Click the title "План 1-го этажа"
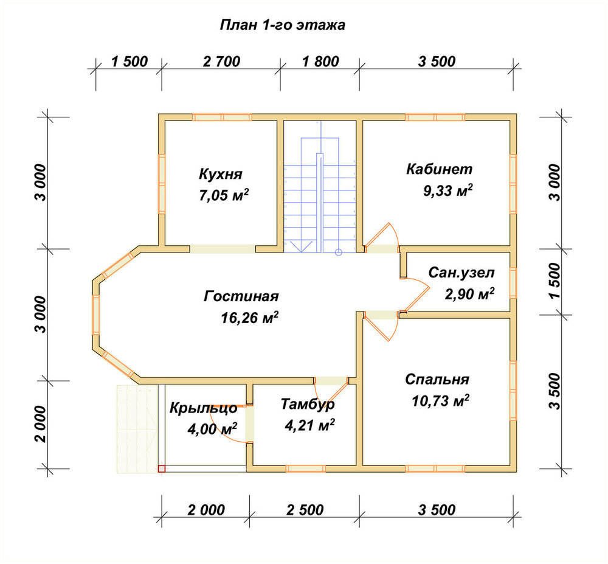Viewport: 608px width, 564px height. (282, 25)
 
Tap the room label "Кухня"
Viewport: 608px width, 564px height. (221, 174)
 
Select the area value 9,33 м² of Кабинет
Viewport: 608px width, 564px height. (448, 190)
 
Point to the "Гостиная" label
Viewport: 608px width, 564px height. (241, 296)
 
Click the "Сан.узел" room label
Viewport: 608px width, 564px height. (461, 273)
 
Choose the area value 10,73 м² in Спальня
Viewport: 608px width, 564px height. (440, 401)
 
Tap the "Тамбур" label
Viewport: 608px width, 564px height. (308, 404)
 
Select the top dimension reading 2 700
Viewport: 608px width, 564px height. (221, 61)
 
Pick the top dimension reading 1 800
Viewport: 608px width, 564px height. (320, 61)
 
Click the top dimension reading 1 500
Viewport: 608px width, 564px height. (130, 61)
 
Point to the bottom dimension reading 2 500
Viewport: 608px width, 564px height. (305, 510)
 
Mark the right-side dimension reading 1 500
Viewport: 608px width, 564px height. (555, 281)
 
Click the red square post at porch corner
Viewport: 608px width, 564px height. (162, 468)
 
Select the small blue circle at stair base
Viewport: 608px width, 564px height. (339, 252)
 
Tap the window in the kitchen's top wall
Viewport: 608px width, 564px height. (222, 117)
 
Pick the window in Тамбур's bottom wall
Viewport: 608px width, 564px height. (306, 468)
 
